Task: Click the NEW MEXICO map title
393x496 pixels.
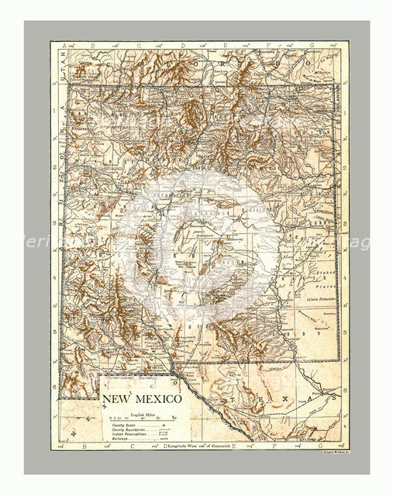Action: coord(142,399)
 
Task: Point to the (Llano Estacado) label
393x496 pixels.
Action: coord(319,299)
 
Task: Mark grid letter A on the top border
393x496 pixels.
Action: coord(64,46)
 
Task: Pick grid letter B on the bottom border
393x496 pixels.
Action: coord(93,447)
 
